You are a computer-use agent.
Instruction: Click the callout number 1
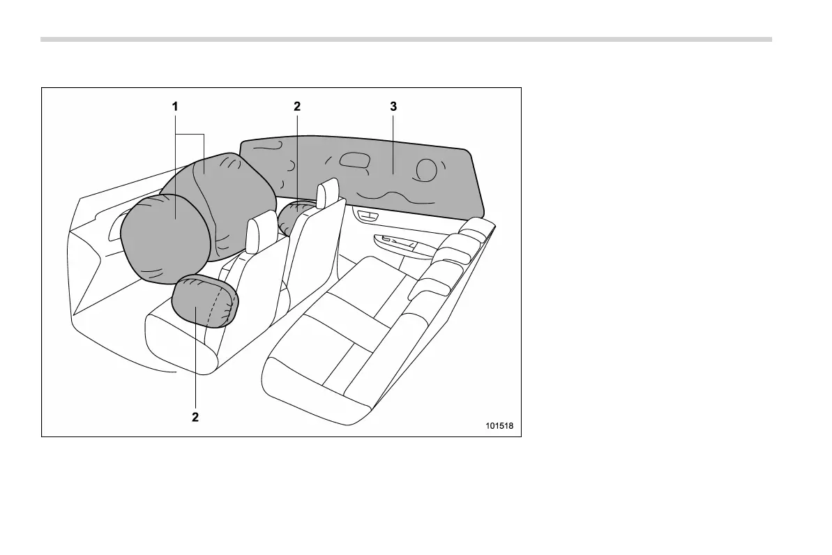pyautogui.click(x=175, y=107)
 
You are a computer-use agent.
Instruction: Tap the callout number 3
pyautogui.click(x=393, y=107)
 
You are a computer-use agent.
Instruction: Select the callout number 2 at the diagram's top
pyautogui.click(x=297, y=107)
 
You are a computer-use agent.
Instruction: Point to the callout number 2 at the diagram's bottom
pyautogui.click(x=195, y=417)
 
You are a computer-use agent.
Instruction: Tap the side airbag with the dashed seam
pyautogui.click(x=205, y=301)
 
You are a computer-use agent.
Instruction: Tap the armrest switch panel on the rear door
pyautogui.click(x=397, y=243)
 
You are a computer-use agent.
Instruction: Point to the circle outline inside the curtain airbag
pyautogui.click(x=425, y=169)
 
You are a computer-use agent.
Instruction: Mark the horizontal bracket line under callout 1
pyautogui.click(x=189, y=133)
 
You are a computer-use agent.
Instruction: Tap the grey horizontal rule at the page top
pyautogui.click(x=406, y=39)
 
